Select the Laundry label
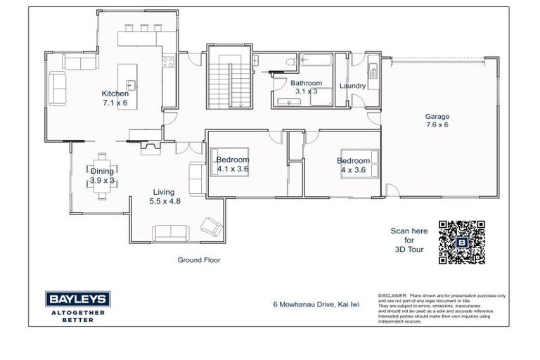pos(352,86)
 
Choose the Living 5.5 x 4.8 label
pos(165,196)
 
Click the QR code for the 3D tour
pos(462,242)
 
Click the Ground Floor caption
pos(198,259)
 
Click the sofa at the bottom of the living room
pos(169,232)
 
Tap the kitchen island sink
pos(131,86)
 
